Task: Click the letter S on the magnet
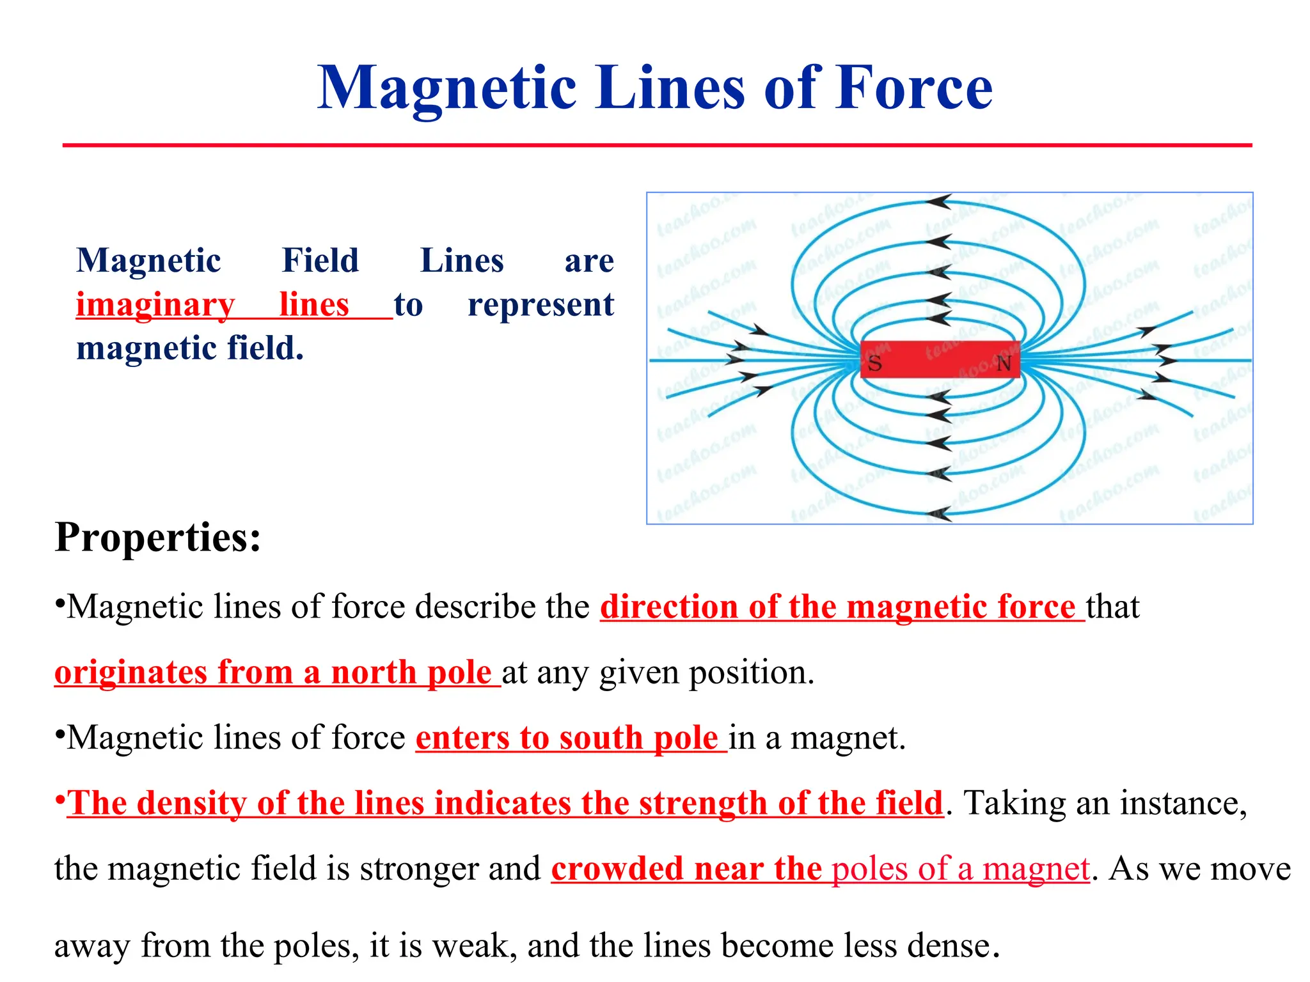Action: pos(874,364)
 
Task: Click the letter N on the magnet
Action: pos(1004,364)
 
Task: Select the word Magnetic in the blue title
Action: pos(447,88)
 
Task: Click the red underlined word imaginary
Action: pos(155,304)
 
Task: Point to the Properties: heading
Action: pos(158,537)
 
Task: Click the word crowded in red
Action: pos(617,869)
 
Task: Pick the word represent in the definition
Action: pos(541,304)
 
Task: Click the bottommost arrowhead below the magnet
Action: pos(939,513)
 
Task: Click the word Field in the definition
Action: pos(320,261)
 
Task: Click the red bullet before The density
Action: pos(59,799)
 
